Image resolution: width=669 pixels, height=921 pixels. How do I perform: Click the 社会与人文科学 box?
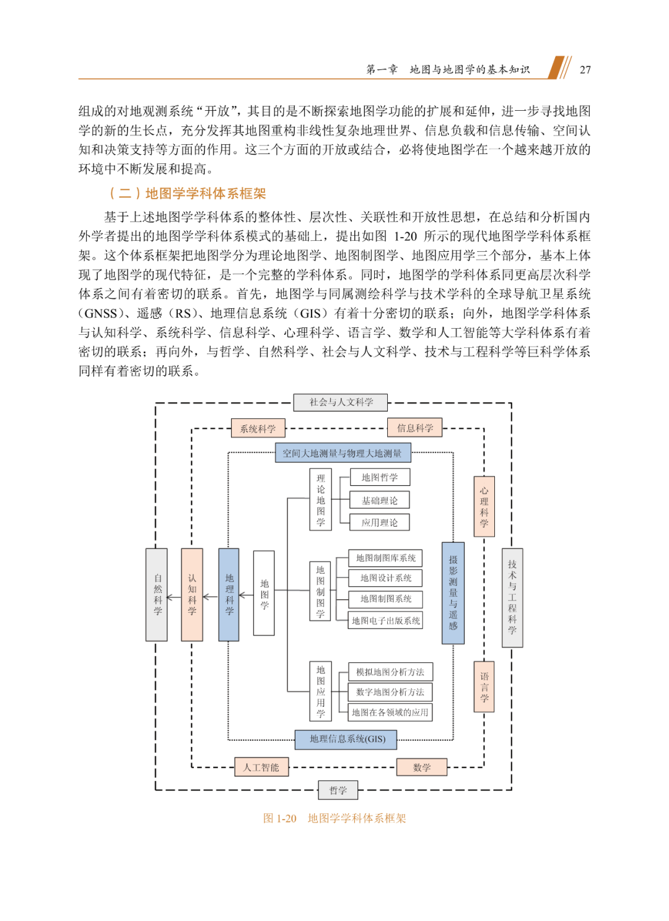pos(341,402)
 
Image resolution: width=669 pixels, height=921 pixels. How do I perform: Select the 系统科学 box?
pos(258,428)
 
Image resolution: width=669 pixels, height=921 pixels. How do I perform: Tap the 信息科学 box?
pos(415,428)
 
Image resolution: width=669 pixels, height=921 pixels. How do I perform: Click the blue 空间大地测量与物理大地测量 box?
pos(343,453)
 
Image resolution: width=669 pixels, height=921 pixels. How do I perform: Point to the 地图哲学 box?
pos(380,477)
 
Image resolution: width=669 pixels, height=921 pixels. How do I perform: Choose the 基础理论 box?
pos(380,500)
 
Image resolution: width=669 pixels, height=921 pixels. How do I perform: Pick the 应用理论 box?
pos(380,522)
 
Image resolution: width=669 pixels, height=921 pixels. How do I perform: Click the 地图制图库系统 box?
pos(385,558)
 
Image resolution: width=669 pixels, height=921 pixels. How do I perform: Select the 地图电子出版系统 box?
pos(385,620)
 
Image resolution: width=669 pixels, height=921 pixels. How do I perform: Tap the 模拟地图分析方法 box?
pos(390,672)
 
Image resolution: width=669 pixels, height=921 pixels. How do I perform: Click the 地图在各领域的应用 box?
pos(390,712)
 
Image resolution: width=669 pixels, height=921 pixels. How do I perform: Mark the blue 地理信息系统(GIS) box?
pos(345,739)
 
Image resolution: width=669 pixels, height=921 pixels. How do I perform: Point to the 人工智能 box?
pos(261,767)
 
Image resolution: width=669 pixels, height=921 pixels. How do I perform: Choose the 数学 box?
pos(421,767)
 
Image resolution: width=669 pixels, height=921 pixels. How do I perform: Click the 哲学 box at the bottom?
pos(338,790)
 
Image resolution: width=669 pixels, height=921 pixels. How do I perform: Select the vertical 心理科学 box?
pos(484,506)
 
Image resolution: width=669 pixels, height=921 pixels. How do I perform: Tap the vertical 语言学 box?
pos(484,687)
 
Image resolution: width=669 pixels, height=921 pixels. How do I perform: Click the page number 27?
pos(585,70)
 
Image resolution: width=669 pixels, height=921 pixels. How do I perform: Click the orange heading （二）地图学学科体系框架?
pos(187,194)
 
